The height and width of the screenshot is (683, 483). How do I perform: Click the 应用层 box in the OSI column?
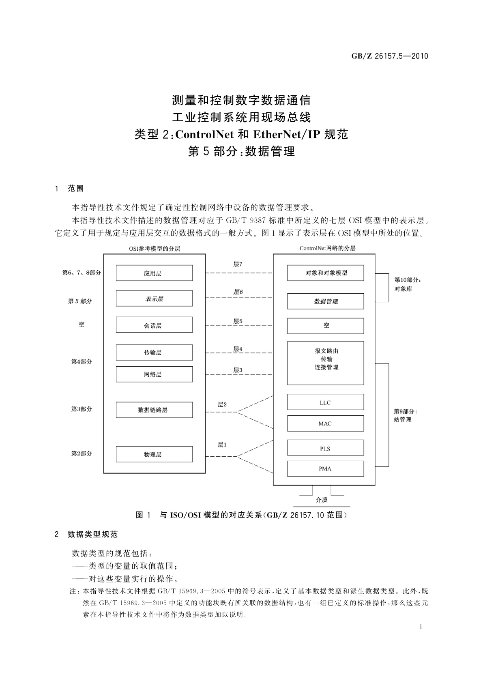pyautogui.click(x=154, y=273)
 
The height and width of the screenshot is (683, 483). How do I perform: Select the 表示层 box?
pyautogui.click(x=154, y=299)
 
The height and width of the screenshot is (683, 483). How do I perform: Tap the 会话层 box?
pyautogui.click(x=154, y=325)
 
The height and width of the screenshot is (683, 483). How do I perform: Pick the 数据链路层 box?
pyautogui.click(x=154, y=410)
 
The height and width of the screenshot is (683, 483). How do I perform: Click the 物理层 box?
pyautogui.click(x=154, y=454)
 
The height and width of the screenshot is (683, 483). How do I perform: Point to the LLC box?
pyautogui.click(x=325, y=402)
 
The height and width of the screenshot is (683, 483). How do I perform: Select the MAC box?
pyautogui.click(x=325, y=423)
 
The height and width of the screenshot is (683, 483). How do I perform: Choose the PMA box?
pyautogui.click(x=325, y=468)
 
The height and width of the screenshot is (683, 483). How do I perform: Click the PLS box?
pyautogui.click(x=325, y=448)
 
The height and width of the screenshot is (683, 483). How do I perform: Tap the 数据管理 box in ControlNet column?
pyautogui.click(x=325, y=301)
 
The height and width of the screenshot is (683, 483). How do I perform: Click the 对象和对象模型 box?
pyautogui.click(x=325, y=273)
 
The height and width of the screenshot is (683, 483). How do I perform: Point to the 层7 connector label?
pyautogui.click(x=238, y=264)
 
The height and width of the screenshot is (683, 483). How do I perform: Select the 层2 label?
pyautogui.click(x=222, y=404)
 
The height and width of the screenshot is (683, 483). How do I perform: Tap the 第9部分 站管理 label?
pyautogui.click(x=405, y=415)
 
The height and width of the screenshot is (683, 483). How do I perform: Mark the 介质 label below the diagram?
pyautogui.click(x=321, y=500)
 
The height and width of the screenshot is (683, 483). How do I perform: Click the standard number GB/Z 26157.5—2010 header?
pyautogui.click(x=389, y=56)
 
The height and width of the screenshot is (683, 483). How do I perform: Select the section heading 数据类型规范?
pyautogui.click(x=92, y=534)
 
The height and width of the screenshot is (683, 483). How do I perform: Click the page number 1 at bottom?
pyautogui.click(x=421, y=627)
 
